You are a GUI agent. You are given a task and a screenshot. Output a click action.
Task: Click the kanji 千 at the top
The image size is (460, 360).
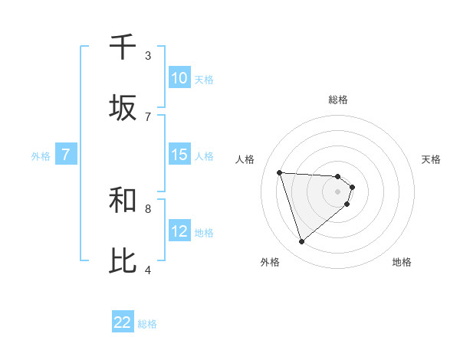[123, 47]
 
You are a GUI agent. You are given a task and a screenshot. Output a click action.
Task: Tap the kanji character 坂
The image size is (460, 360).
[123, 108]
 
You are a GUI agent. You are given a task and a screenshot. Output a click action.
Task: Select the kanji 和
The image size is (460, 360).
[123, 201]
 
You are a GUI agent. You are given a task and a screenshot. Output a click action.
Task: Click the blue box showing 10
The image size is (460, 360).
[179, 78]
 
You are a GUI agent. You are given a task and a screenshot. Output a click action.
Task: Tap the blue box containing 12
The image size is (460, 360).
[179, 232]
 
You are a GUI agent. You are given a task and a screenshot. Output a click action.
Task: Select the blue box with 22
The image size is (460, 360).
[123, 322]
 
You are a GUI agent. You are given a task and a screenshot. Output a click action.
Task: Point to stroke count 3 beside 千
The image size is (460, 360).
[148, 56]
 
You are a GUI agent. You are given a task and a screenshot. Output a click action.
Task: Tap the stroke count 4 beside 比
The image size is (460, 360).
[148, 270]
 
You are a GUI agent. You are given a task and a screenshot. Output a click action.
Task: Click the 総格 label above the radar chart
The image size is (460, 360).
[338, 100]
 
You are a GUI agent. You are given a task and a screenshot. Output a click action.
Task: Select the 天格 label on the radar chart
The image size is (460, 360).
[431, 159]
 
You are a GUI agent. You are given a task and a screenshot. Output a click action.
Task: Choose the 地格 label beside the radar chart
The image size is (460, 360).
[402, 262]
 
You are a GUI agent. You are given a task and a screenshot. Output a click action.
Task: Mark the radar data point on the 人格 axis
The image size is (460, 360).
[280, 172]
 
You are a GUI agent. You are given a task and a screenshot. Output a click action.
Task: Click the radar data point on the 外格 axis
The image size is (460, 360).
[302, 242]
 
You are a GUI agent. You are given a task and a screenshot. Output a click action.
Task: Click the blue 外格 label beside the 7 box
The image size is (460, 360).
[41, 156]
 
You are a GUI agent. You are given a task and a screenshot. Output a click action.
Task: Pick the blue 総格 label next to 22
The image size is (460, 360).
[147, 324]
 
